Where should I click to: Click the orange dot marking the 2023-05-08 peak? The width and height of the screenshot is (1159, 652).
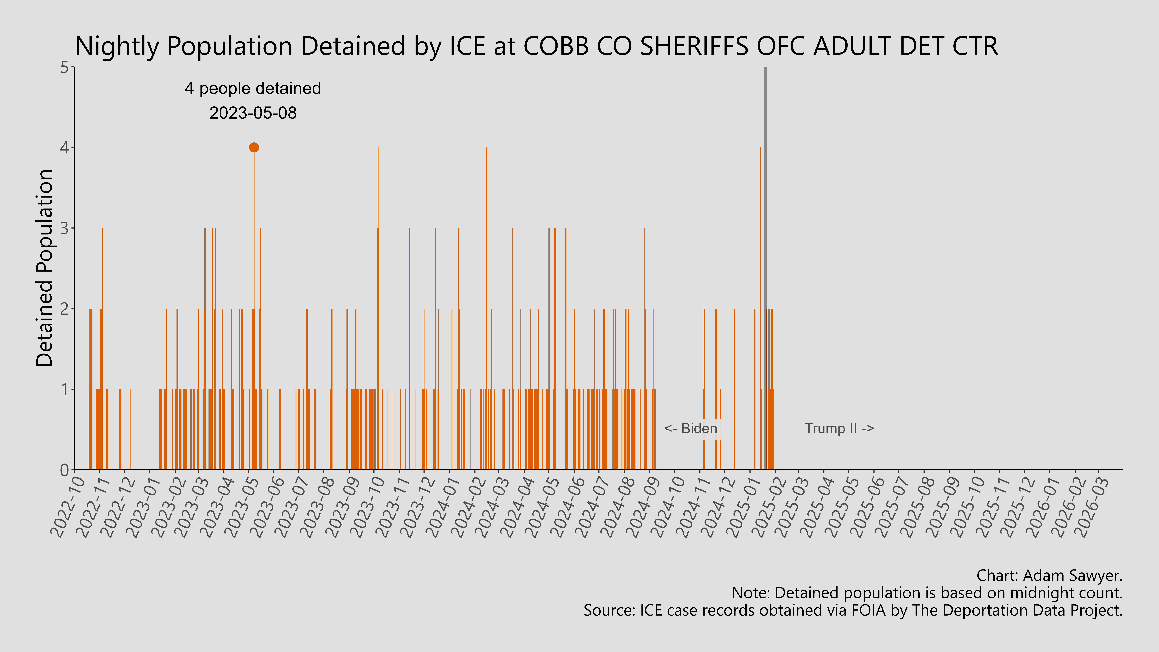[254, 148]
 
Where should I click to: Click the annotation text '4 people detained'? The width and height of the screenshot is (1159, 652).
[253, 89]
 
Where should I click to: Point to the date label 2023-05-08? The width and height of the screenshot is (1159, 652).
[253, 113]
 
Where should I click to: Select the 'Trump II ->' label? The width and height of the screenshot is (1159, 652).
[839, 428]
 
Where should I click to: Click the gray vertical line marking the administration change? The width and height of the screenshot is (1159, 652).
[765, 270]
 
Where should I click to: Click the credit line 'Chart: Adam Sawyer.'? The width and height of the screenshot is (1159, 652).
[1049, 575]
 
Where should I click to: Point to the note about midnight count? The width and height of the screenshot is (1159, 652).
[927, 593]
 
